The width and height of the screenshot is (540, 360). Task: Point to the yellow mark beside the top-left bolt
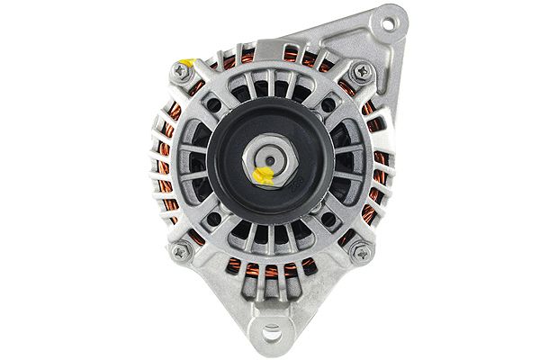(x=185, y=63)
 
